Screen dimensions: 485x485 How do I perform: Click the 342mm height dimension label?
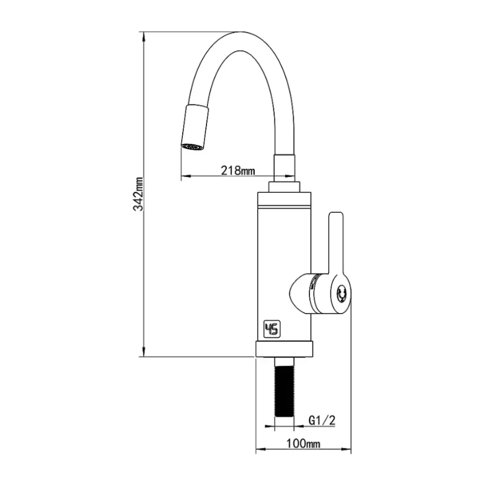click(x=138, y=194)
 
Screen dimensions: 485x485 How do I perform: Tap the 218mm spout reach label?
click(x=238, y=170)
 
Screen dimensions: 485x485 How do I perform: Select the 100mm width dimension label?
click(x=303, y=444)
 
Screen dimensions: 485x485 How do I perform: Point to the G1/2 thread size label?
click(x=322, y=420)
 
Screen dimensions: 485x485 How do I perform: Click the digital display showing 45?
click(x=272, y=329)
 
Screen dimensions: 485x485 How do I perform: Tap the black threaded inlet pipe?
click(x=284, y=387)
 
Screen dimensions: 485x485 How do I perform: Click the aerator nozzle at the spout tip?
click(x=195, y=128)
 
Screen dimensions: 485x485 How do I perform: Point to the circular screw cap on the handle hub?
click(x=341, y=293)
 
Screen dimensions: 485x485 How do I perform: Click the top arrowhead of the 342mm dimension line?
click(x=143, y=37)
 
